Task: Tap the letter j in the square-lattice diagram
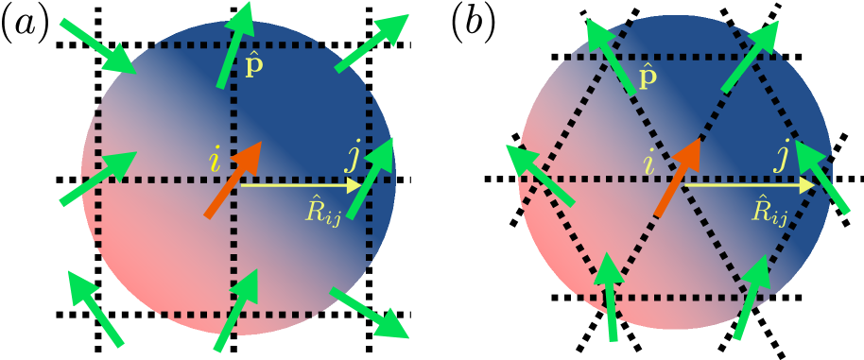click(354, 156)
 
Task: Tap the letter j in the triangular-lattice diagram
click(782, 155)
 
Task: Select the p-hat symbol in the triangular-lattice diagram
click(647, 77)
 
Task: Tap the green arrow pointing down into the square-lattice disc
click(98, 45)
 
